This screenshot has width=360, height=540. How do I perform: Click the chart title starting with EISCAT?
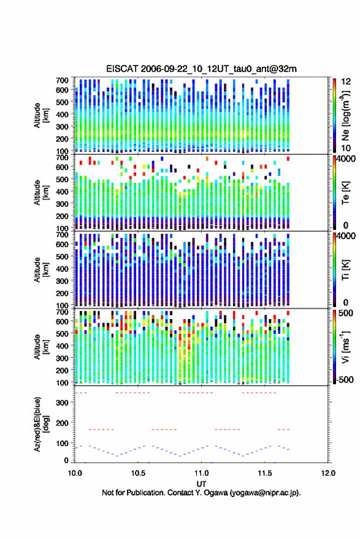pos(201,69)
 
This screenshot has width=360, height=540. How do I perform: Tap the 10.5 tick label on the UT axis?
pos(138,473)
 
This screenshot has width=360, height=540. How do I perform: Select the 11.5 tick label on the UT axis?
pos(265,473)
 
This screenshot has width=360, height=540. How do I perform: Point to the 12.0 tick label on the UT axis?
pos(328,473)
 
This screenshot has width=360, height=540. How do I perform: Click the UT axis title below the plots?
pos(201,484)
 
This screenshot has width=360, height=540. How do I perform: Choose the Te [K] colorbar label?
pos(345,193)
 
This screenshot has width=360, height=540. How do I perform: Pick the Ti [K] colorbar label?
pos(345,270)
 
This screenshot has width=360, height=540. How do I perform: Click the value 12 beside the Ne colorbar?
pos(346,82)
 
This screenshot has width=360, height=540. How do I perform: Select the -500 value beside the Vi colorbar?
pos(345,379)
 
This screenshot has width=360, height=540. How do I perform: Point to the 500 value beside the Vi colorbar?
pos(346,313)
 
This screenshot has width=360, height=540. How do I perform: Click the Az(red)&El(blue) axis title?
pos(41,424)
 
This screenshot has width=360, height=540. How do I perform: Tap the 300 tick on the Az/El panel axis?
pos(62,403)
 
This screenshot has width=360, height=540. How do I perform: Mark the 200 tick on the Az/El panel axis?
pos(62,423)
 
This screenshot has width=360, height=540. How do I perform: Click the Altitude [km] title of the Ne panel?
pos(41,116)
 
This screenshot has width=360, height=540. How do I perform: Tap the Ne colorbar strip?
pos(334,116)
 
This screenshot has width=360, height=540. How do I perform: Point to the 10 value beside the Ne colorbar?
pos(346,148)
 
